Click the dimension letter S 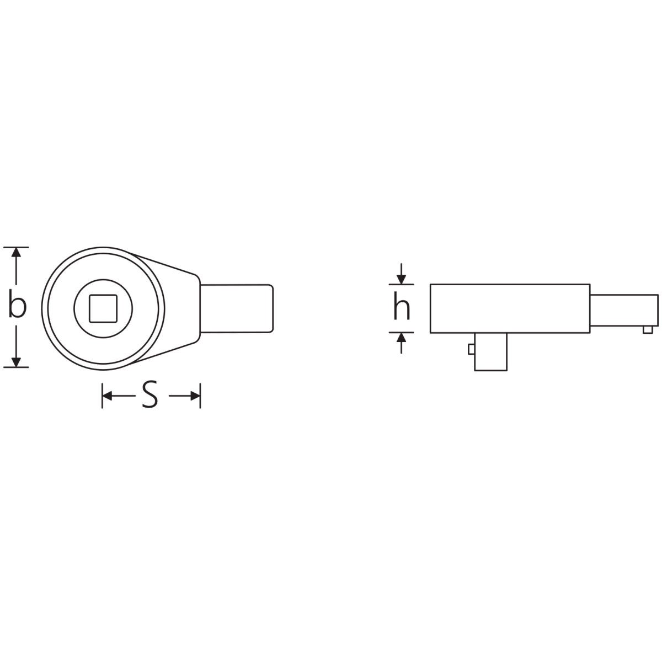pyautogui.click(x=150, y=394)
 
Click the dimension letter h pyautogui.click(x=401, y=306)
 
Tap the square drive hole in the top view pyautogui.click(x=103, y=308)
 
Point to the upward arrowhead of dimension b pyautogui.click(x=16, y=252)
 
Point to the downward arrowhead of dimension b pyautogui.click(x=16, y=362)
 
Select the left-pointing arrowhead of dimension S pyautogui.click(x=107, y=396)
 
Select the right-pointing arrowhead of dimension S pyautogui.click(x=195, y=396)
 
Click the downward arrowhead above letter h pyautogui.click(x=401, y=279)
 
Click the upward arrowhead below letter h pyautogui.click(x=401, y=338)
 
